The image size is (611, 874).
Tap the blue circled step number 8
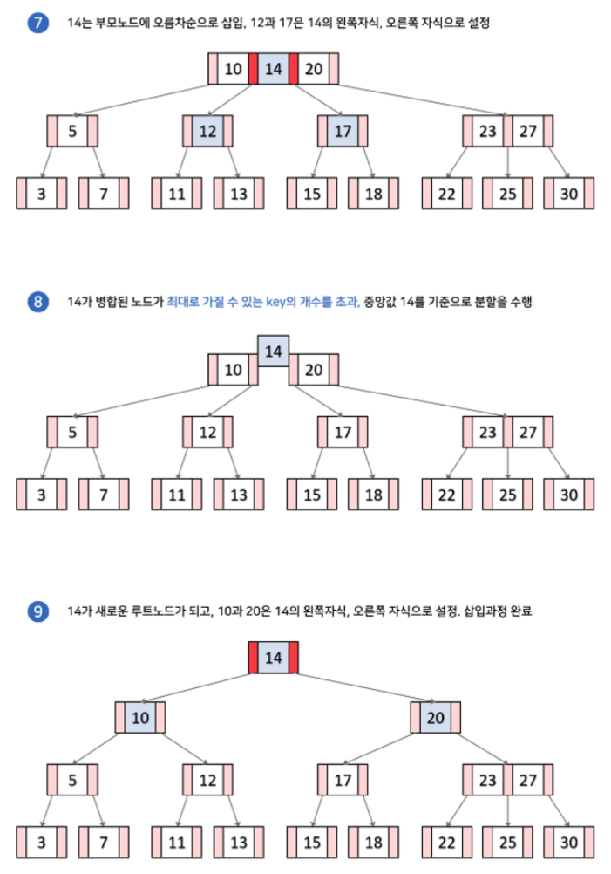click(x=37, y=302)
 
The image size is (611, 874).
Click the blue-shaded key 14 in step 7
click(x=274, y=69)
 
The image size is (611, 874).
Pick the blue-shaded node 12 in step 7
click(x=207, y=132)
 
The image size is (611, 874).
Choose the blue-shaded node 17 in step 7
click(x=343, y=132)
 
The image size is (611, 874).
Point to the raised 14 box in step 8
click(x=274, y=351)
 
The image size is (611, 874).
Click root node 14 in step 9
click(x=274, y=657)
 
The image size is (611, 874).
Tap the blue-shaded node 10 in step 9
click(x=140, y=718)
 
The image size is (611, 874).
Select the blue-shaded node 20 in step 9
click(x=436, y=718)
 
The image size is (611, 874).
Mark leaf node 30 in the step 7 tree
click(x=568, y=194)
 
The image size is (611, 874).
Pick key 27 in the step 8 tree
click(x=528, y=432)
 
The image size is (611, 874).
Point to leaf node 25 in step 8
click(x=507, y=495)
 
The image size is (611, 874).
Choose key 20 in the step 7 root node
click(x=315, y=69)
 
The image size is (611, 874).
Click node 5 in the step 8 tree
click(x=72, y=432)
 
